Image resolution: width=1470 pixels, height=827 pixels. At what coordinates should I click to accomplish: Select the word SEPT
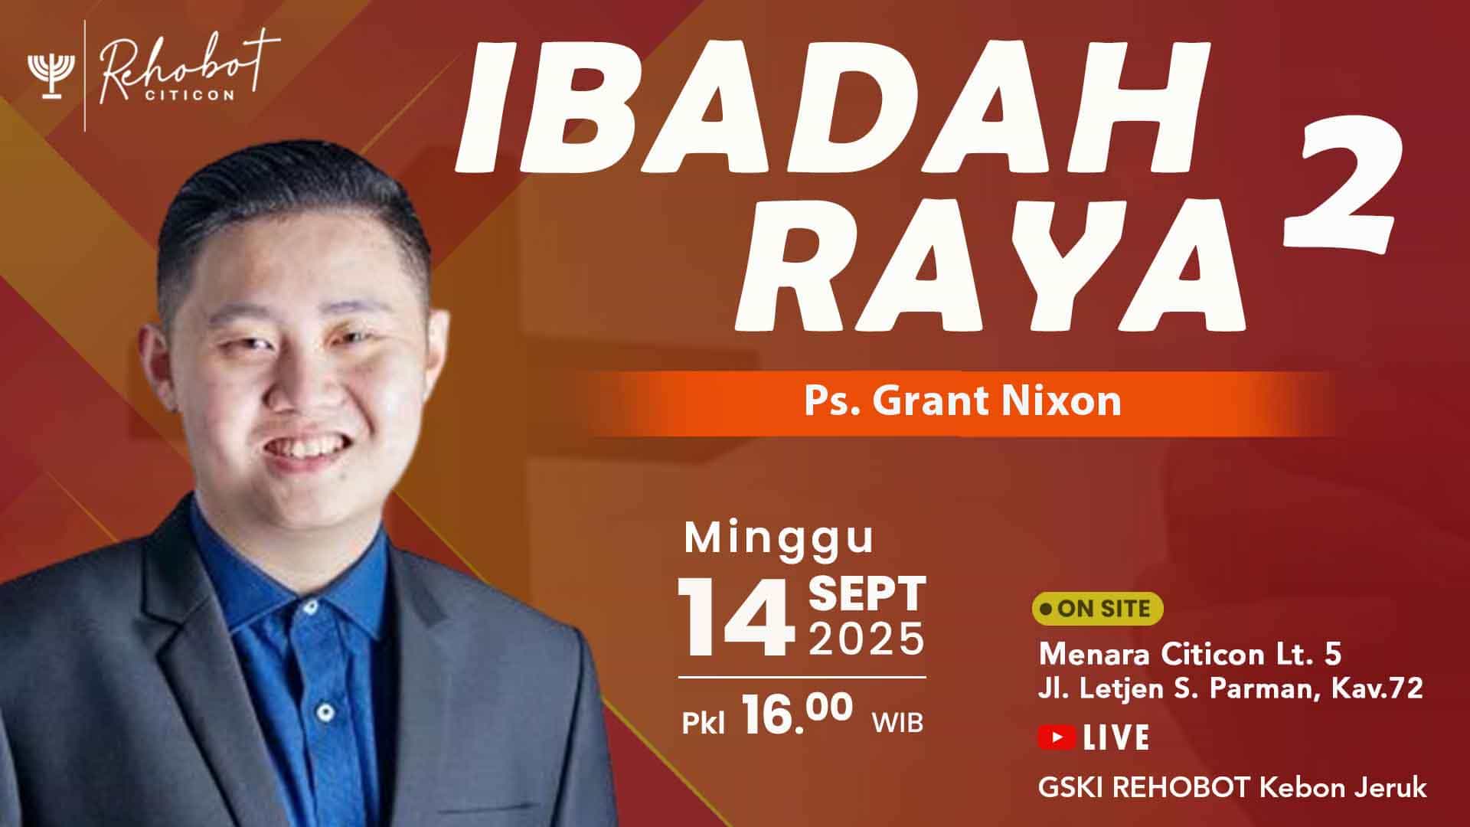coord(867,595)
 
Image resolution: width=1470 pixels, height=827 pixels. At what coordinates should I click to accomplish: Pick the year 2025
coord(867,639)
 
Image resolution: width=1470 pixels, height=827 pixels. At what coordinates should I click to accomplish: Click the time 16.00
coord(796,715)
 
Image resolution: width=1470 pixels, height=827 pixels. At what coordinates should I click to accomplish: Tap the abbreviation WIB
coord(897,722)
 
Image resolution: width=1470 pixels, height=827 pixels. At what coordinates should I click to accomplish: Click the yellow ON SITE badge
coord(1097,609)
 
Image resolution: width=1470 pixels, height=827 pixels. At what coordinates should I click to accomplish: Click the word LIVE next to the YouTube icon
coord(1116,737)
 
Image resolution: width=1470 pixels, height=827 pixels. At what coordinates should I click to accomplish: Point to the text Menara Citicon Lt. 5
coord(1190,655)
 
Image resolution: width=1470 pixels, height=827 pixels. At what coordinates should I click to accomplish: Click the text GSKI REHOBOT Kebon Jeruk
coord(1232,788)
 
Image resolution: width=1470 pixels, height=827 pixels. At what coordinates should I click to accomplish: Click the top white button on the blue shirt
coord(310,606)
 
